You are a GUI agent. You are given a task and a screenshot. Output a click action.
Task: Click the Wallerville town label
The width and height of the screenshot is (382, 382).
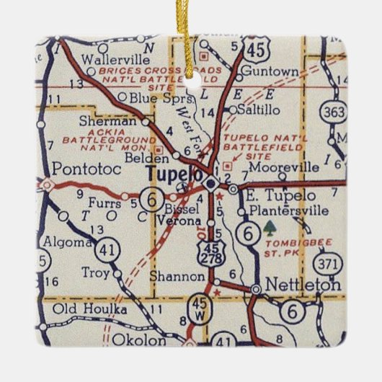point(110,58)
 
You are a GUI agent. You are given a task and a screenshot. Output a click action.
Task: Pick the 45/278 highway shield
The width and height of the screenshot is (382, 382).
point(210,254)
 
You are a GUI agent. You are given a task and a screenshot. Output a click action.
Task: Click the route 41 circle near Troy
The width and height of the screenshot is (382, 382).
point(110,249)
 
